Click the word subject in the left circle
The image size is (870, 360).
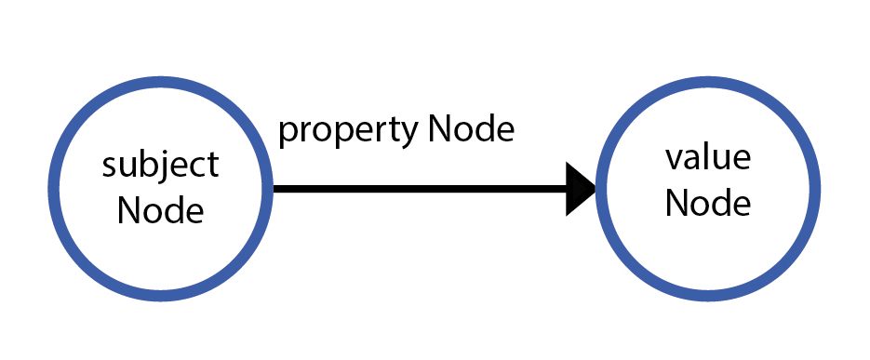[160, 167]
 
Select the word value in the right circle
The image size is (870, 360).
[708, 158]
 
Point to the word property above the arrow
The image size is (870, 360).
[348, 131]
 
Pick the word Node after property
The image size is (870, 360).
[471, 129]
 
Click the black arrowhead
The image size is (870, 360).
[581, 189]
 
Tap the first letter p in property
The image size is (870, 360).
[288, 133]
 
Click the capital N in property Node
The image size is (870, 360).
[438, 129]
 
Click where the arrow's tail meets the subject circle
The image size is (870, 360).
[274, 189]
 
